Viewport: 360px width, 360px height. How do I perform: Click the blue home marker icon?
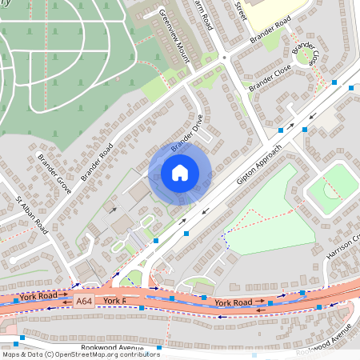coord(180,172)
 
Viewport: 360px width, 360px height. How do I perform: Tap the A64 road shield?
coord(82,301)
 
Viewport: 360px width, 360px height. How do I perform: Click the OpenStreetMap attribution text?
coord(81,354)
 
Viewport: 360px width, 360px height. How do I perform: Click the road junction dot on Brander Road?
coord(224,58)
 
